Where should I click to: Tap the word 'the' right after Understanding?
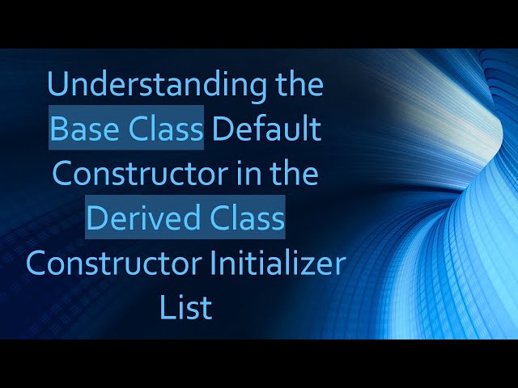pos(298,85)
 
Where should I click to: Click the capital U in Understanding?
pos(57,86)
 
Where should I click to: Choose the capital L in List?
pos(166,307)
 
